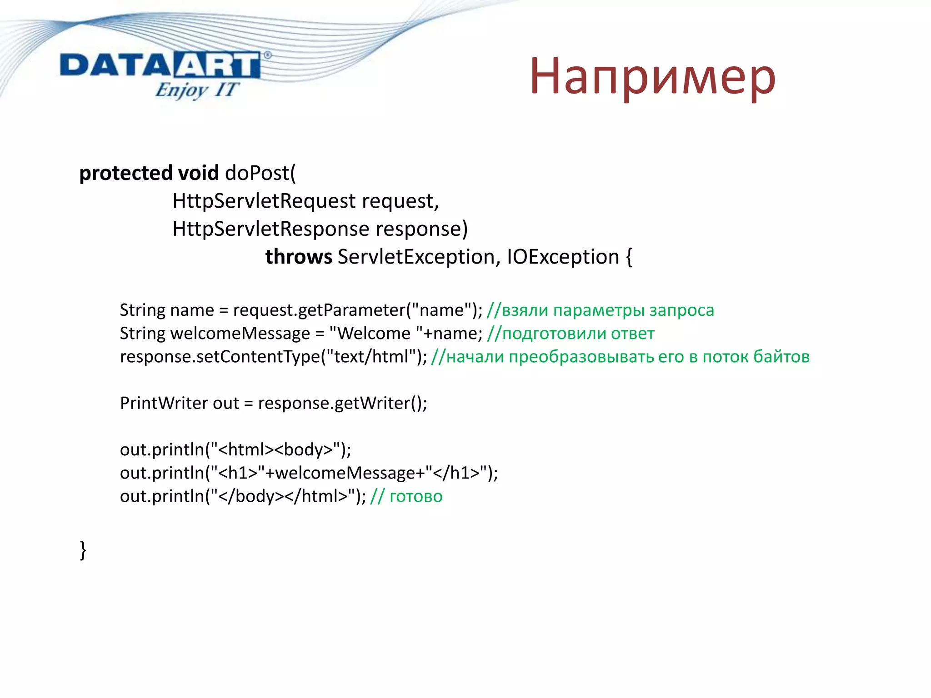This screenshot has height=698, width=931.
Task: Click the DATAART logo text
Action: tap(160, 65)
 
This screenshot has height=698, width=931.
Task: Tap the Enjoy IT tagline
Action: tap(196, 90)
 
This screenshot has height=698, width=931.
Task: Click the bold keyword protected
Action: tap(125, 174)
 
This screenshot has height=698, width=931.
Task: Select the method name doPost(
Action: tap(260, 174)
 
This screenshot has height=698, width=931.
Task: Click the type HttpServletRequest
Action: tap(264, 201)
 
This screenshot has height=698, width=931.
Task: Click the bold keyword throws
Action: tap(299, 257)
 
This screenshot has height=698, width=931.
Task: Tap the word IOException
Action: tap(563, 257)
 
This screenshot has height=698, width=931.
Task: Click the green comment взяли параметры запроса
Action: tap(600, 310)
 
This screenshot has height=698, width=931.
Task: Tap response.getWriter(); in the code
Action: tap(342, 404)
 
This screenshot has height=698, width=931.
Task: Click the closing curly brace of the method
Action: tap(83, 550)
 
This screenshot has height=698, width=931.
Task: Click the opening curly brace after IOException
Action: tap(629, 257)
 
